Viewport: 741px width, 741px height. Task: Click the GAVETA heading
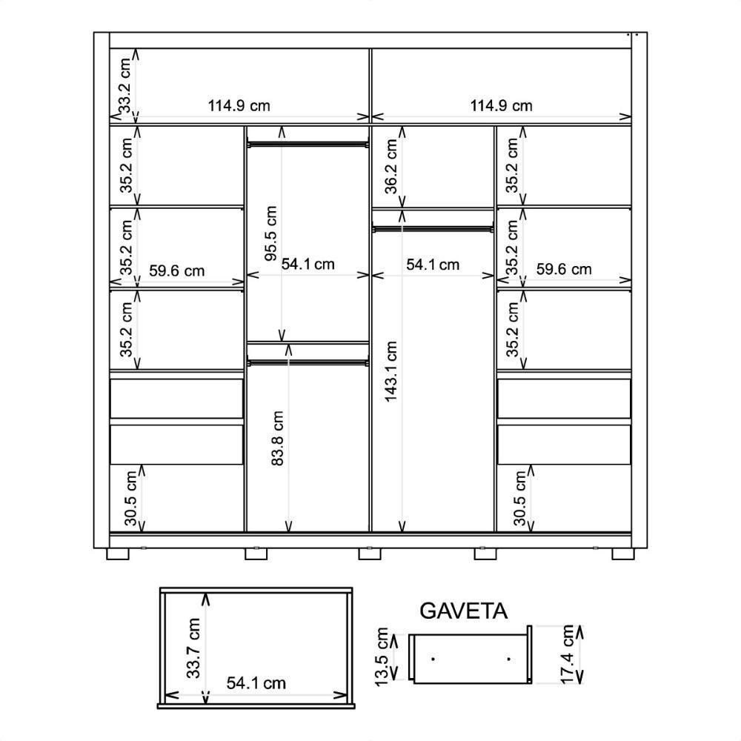(x=463, y=611)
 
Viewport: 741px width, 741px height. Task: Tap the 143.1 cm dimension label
(x=391, y=371)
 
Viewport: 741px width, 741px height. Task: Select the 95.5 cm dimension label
(x=270, y=233)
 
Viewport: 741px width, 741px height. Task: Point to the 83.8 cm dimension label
(x=277, y=438)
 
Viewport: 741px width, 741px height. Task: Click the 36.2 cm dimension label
(x=391, y=166)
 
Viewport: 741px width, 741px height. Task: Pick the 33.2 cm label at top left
(x=124, y=85)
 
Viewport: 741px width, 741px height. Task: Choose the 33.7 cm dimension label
(x=193, y=648)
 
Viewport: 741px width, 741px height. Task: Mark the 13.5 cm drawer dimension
(x=381, y=657)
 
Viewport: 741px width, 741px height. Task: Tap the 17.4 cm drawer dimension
(x=567, y=654)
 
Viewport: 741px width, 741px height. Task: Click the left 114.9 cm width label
(x=239, y=105)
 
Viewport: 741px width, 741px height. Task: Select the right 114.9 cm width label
(x=501, y=105)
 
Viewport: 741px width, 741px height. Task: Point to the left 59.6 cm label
(x=177, y=270)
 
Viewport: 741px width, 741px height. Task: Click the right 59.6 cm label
(x=564, y=269)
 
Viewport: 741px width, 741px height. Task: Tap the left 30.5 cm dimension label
(x=131, y=498)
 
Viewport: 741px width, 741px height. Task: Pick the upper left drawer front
(x=177, y=399)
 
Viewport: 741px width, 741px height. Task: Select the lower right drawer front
(x=564, y=444)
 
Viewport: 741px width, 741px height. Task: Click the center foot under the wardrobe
(x=370, y=554)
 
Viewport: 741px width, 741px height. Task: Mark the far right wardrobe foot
(x=623, y=554)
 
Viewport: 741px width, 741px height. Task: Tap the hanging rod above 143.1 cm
(x=433, y=229)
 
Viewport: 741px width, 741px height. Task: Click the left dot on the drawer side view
(x=433, y=659)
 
